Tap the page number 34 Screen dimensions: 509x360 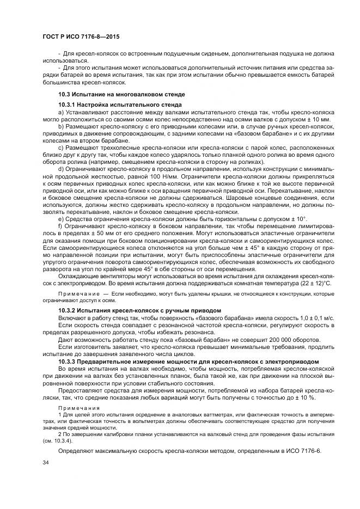tap(45, 463)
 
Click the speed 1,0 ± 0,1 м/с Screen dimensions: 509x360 tap(301, 317)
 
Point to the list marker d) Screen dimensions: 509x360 tap(60, 170)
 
